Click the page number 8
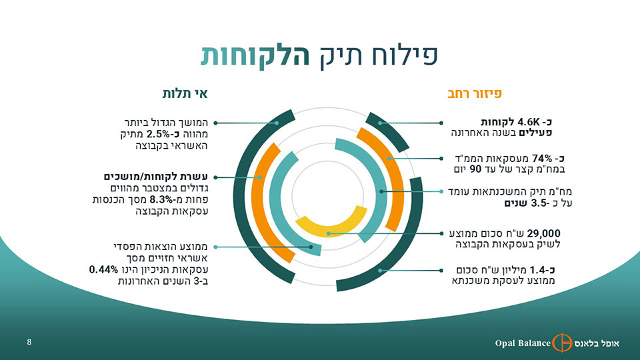click(29, 342)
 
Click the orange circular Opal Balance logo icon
click(562, 343)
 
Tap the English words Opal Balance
click(523, 343)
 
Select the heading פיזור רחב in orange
click(475, 93)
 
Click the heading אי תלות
click(185, 93)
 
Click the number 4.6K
click(529, 122)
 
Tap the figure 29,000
click(544, 233)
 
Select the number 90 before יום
click(476, 169)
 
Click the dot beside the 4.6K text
click(441, 123)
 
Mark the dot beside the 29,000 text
click(441, 234)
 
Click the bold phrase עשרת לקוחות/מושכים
click(156, 177)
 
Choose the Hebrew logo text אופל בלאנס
click(597, 343)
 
